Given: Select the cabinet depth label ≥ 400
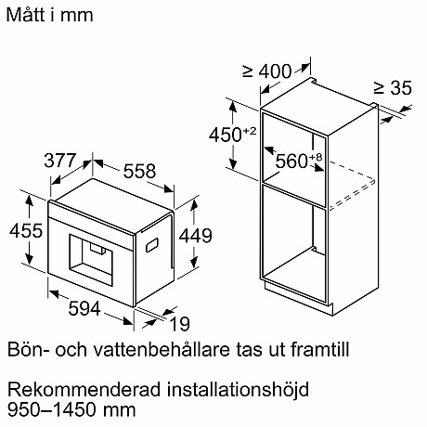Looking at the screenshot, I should point(267,71).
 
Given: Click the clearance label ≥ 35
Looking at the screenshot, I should point(392,88).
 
